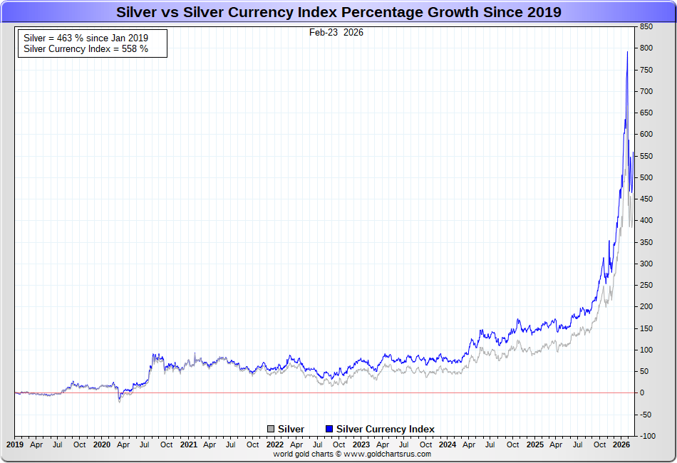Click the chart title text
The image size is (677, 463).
coord(338,12)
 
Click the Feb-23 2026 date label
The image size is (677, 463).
coord(336,33)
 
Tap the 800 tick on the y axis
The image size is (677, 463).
coord(646,48)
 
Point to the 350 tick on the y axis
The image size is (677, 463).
coord(646,242)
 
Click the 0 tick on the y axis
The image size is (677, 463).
coord(642,392)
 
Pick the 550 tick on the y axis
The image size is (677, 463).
coord(646,156)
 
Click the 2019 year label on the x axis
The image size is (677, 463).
coord(15,444)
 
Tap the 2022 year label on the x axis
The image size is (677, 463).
coord(275,444)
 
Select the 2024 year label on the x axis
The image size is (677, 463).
coord(448,444)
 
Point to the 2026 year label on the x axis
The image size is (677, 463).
coord(621,444)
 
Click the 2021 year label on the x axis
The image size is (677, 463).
coord(188,444)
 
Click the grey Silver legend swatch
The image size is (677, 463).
coord(271,429)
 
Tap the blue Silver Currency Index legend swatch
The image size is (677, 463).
coord(329,429)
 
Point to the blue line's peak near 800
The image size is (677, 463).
coord(627,52)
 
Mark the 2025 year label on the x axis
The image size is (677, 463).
coord(534,444)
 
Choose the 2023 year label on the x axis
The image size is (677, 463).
coord(361,444)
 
